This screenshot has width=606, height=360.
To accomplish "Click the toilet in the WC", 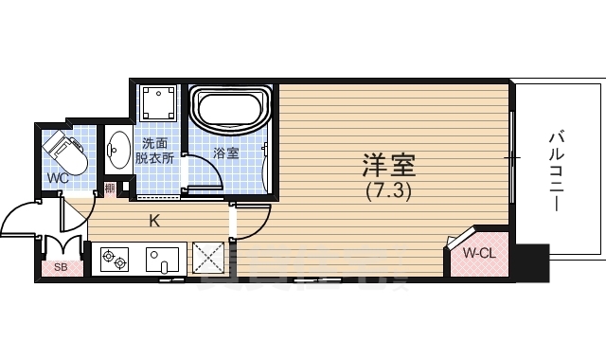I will click(x=64, y=153).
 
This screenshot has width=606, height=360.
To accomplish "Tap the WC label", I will click(x=57, y=178).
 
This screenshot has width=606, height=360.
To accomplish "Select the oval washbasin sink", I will click(x=119, y=150).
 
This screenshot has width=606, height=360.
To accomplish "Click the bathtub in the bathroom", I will click(x=231, y=109).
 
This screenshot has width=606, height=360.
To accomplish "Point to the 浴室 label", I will click(x=226, y=153).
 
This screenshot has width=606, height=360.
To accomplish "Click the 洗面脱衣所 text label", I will click(x=157, y=152).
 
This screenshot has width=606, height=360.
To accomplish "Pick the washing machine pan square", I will click(x=158, y=102).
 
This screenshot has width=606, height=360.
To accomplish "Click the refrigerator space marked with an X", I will click(x=207, y=258).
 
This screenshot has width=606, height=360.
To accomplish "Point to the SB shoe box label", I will click(x=61, y=267).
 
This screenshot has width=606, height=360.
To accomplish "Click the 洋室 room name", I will click(x=389, y=166).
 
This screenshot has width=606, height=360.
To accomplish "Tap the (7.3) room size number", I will click(x=389, y=190).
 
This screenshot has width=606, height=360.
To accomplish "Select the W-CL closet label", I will click(x=480, y=253).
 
